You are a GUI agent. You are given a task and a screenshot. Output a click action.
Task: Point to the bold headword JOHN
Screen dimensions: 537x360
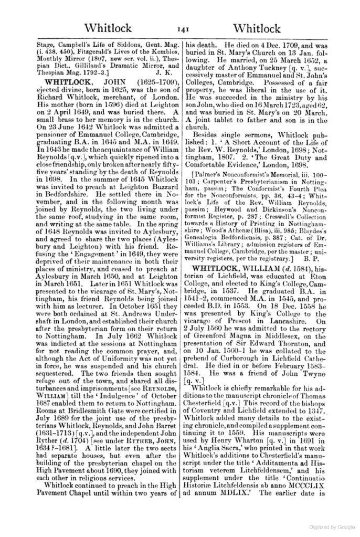click(117, 82)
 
